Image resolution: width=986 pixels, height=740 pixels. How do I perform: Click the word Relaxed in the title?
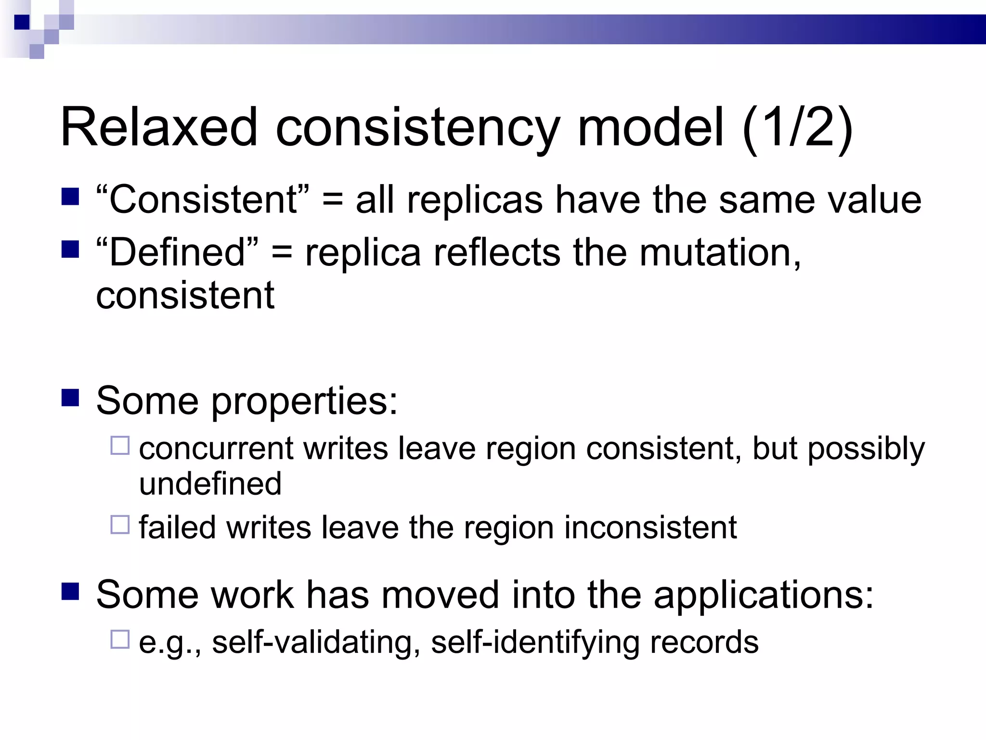click(159, 128)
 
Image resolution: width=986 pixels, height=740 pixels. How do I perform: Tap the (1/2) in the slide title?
click(798, 128)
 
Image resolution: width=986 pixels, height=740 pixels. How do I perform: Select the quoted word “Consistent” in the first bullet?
click(203, 200)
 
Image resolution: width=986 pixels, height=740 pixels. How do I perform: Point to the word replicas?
click(475, 200)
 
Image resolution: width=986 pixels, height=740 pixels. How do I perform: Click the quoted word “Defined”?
click(177, 252)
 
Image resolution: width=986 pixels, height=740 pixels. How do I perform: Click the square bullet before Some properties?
click(70, 398)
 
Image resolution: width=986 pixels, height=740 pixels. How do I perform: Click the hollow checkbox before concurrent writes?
click(120, 446)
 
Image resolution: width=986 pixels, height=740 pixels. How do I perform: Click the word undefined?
click(210, 484)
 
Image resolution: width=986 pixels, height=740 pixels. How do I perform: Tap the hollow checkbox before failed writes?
click(120, 525)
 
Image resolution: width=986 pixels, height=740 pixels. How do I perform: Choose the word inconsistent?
click(650, 528)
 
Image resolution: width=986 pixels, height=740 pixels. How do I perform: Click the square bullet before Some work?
click(70, 592)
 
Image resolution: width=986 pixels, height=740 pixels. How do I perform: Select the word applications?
click(763, 595)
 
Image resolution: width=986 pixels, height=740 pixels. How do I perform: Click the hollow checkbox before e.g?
click(120, 639)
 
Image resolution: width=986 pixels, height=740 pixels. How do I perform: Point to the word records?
click(704, 643)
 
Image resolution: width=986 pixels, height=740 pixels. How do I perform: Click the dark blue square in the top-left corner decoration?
click(22, 22)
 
